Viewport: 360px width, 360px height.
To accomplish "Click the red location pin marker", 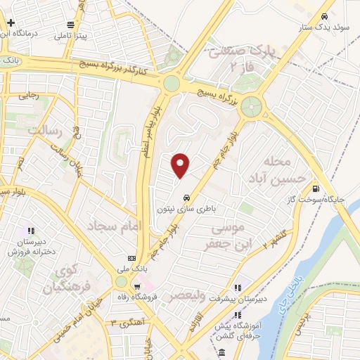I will [181, 165].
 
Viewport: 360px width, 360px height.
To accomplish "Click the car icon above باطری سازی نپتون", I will [186, 198].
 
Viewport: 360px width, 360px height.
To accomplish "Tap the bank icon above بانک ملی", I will [131, 257].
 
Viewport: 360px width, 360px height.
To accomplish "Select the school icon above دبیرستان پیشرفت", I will [238, 287].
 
